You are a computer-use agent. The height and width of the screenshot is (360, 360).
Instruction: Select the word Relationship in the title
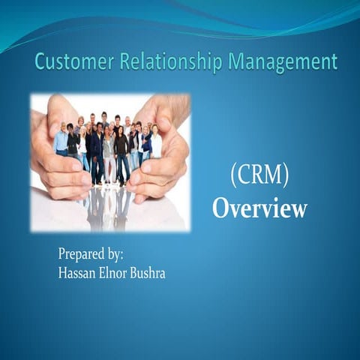pyautogui.click(x=172, y=61)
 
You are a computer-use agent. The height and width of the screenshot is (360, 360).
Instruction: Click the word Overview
pyautogui.click(x=259, y=209)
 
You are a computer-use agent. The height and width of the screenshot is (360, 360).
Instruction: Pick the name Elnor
pyautogui.click(x=120, y=273)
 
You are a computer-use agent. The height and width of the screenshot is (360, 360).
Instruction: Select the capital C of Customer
pyautogui.click(x=41, y=61)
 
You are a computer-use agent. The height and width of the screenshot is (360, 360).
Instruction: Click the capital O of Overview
pyautogui.click(x=221, y=209)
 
